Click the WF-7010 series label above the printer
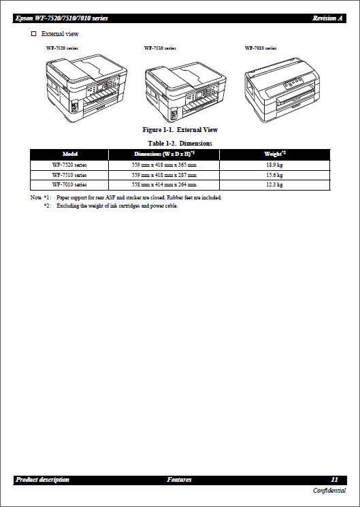260,48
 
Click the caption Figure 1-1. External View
180,129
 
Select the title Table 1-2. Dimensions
180,144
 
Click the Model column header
69,154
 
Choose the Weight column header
274,154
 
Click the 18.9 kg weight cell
274,165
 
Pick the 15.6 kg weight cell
274,175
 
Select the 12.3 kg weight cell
274,184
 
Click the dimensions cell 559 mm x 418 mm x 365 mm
164,165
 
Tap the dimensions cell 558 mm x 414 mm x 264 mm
164,184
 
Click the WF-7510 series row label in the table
69,175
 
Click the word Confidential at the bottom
329,491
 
